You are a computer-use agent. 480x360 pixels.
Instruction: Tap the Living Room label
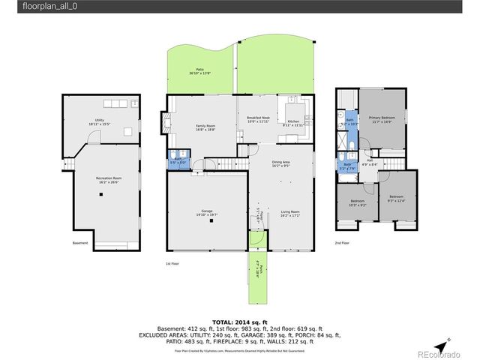tap(289, 214)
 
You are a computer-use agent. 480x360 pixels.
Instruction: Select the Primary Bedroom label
tap(381, 119)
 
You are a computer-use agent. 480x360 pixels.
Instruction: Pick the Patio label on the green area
tap(200, 71)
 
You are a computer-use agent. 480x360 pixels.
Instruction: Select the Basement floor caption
tap(80, 243)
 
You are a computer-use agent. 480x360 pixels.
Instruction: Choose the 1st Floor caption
tap(173, 264)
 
